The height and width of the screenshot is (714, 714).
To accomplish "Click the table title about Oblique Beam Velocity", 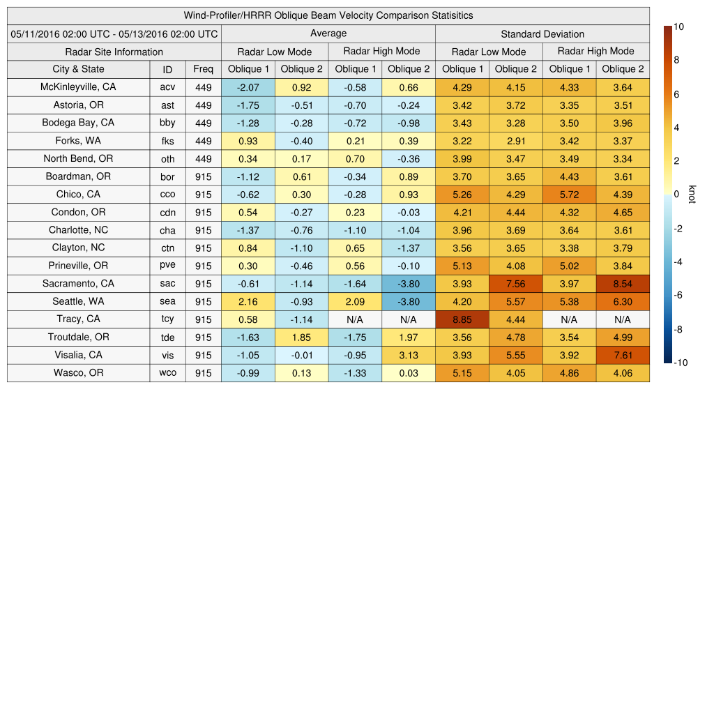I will point(328,15).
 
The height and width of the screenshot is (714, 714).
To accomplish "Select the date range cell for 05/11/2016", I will point(114,33).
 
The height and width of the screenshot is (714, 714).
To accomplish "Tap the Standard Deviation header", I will point(542,33).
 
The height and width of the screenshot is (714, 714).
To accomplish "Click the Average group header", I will point(328,33).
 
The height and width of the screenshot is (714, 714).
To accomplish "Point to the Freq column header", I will point(203,69).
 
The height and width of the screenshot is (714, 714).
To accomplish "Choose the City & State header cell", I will point(78,69).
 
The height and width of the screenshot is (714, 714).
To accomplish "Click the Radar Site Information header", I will point(114,52).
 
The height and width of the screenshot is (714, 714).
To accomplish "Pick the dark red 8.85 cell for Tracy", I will point(462,319).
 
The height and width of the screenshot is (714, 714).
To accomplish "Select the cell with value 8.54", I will point(623,284).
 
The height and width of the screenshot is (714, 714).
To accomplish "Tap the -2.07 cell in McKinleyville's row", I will point(248,87).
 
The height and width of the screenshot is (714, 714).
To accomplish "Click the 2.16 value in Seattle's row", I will point(248,301).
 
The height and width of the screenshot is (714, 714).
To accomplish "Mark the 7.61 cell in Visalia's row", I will point(623,355).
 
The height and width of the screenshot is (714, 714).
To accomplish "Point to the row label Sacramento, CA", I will point(78,284).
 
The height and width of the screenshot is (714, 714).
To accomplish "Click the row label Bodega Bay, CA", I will point(78,123).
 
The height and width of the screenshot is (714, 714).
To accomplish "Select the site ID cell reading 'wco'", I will point(167,373).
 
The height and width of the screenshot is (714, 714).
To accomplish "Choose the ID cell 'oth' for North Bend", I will point(167,159).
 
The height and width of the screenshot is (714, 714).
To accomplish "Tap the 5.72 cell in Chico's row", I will point(569,195).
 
